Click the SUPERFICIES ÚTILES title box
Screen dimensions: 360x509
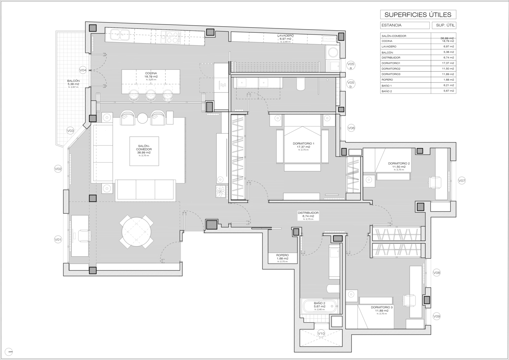tap(418, 15)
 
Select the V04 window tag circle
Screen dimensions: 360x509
tap(83, 70)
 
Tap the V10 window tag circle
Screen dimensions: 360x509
tap(321, 333)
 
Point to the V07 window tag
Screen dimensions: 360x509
tap(462, 181)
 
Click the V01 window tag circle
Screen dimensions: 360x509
tap(58, 239)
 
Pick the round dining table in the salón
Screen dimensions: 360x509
tap(136, 231)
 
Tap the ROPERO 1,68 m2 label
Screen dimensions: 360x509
tap(283, 257)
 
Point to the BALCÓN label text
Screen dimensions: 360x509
tap(73, 81)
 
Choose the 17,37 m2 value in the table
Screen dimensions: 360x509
tap(448, 63)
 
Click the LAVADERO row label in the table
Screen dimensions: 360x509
tap(389, 47)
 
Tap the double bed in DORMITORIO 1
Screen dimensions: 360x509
tap(302, 144)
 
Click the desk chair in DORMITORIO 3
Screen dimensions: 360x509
tap(410, 300)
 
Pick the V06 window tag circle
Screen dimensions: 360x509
tap(351, 128)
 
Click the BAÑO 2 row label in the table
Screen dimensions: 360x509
tap(387, 91)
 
